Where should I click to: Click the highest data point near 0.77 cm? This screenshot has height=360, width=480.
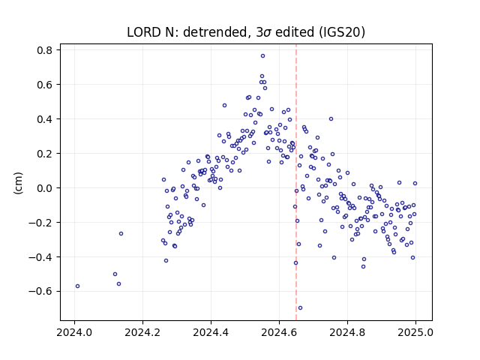tap(262, 56)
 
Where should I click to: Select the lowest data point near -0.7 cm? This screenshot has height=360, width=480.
tap(300, 308)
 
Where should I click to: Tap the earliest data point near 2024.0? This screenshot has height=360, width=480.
tap(77, 286)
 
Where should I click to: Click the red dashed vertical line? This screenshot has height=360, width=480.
tap(296, 182)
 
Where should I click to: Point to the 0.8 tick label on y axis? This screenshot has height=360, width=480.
tap(44, 50)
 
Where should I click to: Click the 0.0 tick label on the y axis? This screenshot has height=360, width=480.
tap(44, 188)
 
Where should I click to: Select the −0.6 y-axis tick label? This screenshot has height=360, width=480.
tap(40, 292)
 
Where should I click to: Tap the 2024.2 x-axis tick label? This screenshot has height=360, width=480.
tap(142, 333)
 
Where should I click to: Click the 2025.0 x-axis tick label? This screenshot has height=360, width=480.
tap(415, 333)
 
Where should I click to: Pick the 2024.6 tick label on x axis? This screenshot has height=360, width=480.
tap(279, 333)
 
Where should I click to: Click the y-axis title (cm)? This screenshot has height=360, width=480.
tap(18, 183)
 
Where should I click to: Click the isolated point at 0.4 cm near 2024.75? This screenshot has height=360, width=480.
tap(331, 119)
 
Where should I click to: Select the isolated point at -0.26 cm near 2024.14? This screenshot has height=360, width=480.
tap(121, 234)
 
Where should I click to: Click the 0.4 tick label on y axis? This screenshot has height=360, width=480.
tap(44, 119)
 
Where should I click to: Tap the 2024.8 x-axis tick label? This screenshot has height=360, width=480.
tap(347, 333)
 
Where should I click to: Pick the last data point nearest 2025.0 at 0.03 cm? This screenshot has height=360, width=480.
tap(415, 184)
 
